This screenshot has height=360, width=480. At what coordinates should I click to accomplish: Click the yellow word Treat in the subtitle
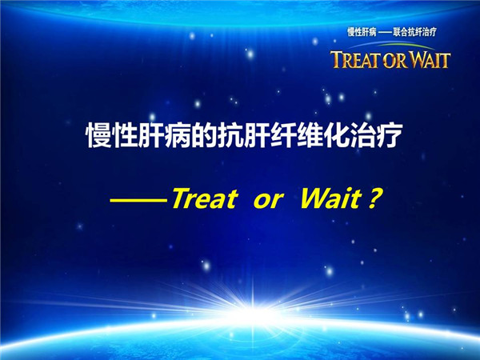tap(205, 198)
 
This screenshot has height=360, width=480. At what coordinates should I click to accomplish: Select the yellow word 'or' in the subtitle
tap(267, 201)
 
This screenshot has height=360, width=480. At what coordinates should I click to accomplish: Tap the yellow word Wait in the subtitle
tap(331, 198)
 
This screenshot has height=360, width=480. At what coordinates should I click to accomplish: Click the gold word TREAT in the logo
tap(355, 60)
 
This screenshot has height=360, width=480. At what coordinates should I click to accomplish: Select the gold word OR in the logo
tap(395, 60)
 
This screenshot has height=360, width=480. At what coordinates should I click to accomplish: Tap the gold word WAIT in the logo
tap(430, 60)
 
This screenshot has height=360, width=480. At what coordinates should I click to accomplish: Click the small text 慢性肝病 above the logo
tap(362, 32)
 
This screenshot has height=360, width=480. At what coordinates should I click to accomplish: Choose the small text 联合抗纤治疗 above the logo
tap(414, 32)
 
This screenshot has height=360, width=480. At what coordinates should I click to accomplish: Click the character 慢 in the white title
tap(98, 135)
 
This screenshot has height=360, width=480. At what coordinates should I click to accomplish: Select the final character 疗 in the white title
tap(388, 135)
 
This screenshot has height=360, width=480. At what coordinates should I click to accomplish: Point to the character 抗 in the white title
tap(230, 135)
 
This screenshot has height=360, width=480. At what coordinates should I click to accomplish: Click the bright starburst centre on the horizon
tap(253, 312)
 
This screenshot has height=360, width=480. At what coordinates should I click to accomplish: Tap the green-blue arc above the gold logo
tap(392, 45)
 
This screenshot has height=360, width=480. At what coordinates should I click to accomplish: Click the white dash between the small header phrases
tap(385, 32)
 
